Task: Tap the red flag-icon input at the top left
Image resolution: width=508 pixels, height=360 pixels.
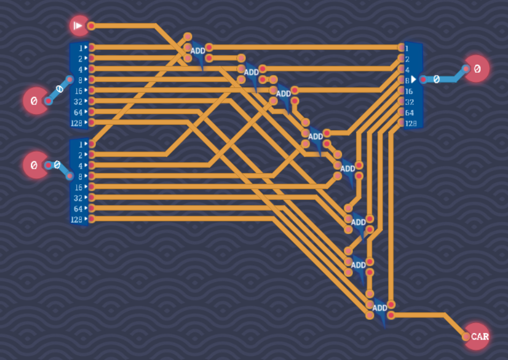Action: click(x=79, y=25)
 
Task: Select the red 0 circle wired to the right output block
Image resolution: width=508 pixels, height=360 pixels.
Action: click(x=477, y=69)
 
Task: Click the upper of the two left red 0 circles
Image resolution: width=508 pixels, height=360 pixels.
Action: click(x=35, y=100)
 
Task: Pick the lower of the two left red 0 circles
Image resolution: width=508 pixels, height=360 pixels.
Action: click(x=35, y=165)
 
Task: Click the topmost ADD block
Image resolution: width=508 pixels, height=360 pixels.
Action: click(x=198, y=51)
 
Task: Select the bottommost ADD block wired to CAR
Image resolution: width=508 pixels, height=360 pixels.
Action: click(x=380, y=308)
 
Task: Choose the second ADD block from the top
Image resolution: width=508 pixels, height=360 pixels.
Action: click(x=251, y=72)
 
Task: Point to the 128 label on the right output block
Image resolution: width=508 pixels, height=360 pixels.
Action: click(x=410, y=123)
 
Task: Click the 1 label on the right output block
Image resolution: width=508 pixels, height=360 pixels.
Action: click(x=407, y=48)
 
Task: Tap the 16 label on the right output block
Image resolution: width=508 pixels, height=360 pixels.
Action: click(x=410, y=91)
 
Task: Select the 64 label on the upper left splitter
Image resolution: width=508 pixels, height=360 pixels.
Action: click(x=78, y=112)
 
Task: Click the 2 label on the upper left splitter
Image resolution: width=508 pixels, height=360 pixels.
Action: click(x=80, y=58)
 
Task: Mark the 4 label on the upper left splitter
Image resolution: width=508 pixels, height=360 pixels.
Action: click(x=80, y=69)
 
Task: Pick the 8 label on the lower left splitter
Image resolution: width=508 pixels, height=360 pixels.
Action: click(x=80, y=176)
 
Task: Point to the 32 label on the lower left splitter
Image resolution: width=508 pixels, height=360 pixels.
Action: click(x=78, y=198)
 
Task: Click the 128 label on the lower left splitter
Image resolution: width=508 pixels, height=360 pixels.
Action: click(x=77, y=219)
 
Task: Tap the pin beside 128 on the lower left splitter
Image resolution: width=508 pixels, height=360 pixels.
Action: click(x=91, y=219)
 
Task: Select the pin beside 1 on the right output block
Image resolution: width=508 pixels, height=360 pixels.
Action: click(x=401, y=47)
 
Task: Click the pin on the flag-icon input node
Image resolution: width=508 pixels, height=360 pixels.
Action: click(x=91, y=25)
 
